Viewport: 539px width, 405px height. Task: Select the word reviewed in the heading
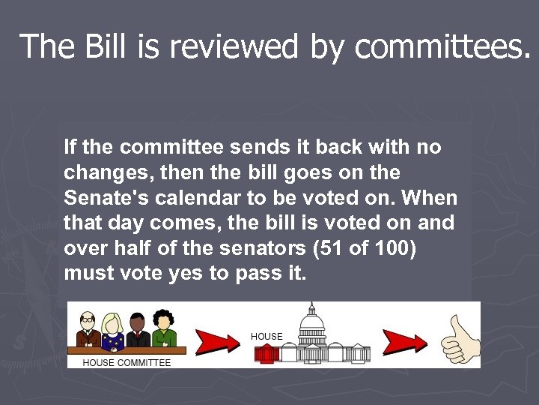234,46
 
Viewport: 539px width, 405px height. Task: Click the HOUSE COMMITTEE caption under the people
127,362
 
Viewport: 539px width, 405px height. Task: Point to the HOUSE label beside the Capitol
267,337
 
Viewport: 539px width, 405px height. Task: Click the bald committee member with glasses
88,329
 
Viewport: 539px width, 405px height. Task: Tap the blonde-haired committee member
113,331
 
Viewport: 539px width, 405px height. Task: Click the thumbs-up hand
460,340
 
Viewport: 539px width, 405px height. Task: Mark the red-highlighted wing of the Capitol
267,352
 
